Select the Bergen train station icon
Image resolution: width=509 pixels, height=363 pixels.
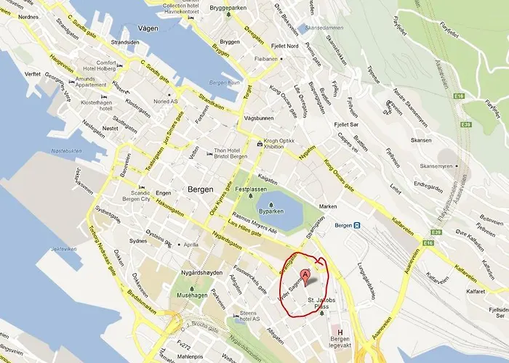click(x=357, y=225)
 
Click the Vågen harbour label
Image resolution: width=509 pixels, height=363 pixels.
click(x=145, y=30)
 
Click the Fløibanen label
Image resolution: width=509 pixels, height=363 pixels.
click(x=266, y=58)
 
